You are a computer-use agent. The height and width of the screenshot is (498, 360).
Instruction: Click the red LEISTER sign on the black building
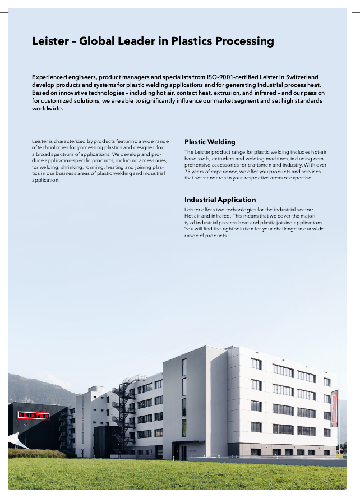click(33, 416)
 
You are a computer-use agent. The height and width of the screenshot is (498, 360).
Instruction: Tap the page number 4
click(33, 476)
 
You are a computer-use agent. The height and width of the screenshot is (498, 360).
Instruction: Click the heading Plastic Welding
click(210, 142)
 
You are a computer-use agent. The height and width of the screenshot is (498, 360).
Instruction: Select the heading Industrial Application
click(220, 200)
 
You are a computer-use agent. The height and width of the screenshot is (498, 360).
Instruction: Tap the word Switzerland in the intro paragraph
click(298, 76)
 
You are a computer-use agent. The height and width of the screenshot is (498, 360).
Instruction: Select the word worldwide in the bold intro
click(48, 108)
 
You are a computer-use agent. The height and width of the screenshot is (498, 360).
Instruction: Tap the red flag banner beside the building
click(334, 410)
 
